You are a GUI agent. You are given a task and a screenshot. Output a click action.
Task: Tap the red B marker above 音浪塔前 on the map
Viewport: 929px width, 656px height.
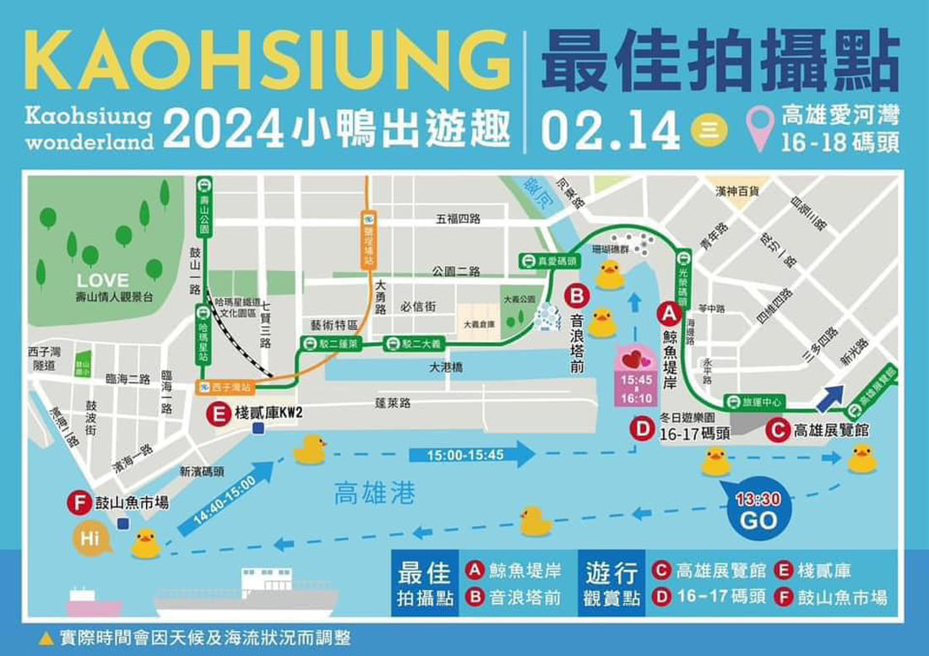(577, 295)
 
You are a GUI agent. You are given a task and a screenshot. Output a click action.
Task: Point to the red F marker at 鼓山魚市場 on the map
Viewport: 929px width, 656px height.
(79, 504)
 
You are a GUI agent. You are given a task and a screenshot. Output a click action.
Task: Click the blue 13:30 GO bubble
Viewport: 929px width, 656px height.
(758, 510)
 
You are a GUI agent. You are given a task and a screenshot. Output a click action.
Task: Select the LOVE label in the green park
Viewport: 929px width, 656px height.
(103, 280)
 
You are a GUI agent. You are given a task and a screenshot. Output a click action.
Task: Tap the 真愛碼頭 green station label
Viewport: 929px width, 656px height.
(548, 262)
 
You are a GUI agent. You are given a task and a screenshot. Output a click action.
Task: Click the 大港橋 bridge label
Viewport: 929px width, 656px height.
(447, 368)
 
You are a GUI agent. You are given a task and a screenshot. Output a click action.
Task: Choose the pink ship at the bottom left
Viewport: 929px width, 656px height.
(94, 602)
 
